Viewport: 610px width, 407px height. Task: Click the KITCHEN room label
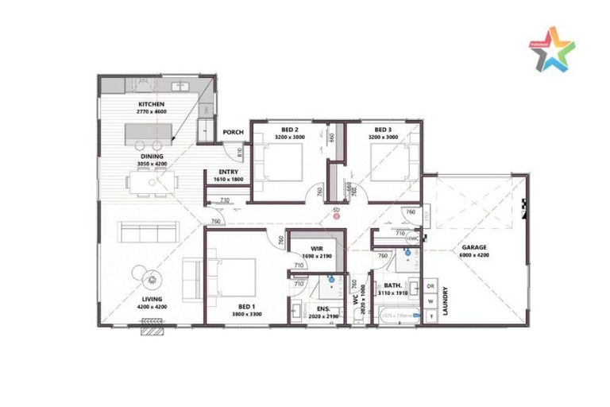[x=151, y=105]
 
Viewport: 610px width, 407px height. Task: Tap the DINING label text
[x=152, y=157]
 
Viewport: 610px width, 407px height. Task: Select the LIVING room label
[x=152, y=300]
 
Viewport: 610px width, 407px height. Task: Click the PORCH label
[x=233, y=133]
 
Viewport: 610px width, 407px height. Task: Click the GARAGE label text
[x=475, y=248]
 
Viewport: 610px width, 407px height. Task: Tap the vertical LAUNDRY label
[x=446, y=300]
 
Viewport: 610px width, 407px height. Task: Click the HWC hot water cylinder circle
[x=413, y=238]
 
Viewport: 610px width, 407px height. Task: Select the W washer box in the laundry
[x=431, y=300]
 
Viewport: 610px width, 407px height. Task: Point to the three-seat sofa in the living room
[x=148, y=232]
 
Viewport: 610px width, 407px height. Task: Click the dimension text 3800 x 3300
[x=246, y=315]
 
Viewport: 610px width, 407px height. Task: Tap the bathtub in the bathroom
[x=400, y=316]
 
